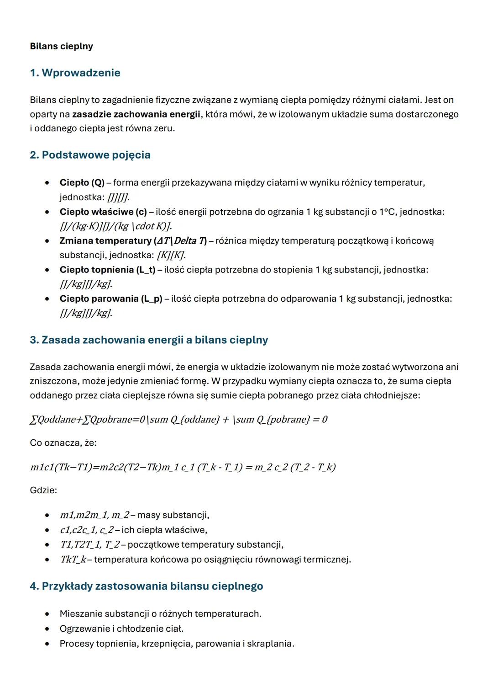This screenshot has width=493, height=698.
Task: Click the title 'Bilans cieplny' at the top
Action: click(x=61, y=46)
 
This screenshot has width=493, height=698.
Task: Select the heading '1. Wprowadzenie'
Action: click(x=75, y=73)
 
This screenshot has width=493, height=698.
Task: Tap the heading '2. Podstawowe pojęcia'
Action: click(x=90, y=155)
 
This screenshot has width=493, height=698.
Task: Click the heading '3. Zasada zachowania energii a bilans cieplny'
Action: click(x=149, y=340)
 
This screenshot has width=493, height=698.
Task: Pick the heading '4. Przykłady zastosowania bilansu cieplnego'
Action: click(x=146, y=586)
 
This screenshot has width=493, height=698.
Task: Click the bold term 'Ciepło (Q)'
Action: click(x=82, y=183)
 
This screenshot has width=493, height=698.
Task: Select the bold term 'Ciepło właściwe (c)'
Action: click(x=103, y=212)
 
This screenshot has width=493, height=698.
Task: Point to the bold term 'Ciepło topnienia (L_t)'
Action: click(x=107, y=270)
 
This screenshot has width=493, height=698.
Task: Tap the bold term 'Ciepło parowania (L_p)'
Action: click(x=111, y=298)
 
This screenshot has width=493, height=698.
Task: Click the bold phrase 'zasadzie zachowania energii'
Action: click(x=136, y=114)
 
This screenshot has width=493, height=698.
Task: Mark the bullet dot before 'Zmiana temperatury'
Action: click(x=47, y=241)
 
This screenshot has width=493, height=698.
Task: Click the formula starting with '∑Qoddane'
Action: click(x=178, y=419)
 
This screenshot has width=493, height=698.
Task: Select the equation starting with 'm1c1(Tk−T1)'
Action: click(x=183, y=467)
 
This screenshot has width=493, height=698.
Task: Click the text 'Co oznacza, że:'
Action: click(x=63, y=443)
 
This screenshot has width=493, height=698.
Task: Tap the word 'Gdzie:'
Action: click(x=43, y=490)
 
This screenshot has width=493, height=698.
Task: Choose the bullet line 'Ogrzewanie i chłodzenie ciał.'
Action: click(x=121, y=629)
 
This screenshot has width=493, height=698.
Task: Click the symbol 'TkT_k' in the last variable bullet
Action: click(x=73, y=559)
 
